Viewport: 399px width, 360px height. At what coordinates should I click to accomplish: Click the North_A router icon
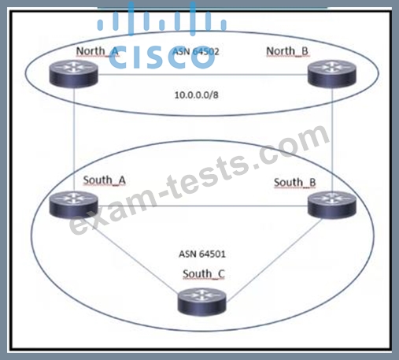[x=74, y=73]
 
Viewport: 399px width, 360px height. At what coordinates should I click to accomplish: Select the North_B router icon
[x=332, y=73]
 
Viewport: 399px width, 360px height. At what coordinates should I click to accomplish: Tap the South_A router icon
[x=74, y=205]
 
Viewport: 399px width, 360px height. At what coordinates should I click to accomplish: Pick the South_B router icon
[x=332, y=205]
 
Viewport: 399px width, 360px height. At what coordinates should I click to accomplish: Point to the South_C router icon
[x=201, y=301]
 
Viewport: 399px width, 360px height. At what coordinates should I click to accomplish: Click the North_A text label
[x=98, y=51]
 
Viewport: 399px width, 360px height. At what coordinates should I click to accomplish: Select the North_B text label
[x=287, y=51]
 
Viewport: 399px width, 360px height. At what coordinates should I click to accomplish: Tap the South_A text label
[x=105, y=180]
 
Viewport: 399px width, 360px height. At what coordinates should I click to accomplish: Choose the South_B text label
[x=295, y=183]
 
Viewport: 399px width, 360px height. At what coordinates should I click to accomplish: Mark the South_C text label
[x=204, y=274]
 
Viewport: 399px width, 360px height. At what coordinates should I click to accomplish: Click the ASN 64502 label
[x=196, y=51]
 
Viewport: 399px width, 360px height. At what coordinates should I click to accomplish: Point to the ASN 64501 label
[x=202, y=254]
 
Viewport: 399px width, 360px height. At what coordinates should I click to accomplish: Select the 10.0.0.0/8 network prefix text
[x=197, y=95]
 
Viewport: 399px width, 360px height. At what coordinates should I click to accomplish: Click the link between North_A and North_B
[x=203, y=75]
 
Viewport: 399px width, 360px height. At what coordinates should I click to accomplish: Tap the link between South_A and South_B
[x=203, y=206]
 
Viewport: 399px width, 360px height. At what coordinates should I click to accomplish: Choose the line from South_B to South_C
[x=274, y=258]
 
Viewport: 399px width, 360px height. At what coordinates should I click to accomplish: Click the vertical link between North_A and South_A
[x=74, y=139]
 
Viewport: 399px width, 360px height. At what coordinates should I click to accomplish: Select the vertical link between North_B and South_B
[x=332, y=139]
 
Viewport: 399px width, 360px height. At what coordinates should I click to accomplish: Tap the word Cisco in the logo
[x=161, y=58]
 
